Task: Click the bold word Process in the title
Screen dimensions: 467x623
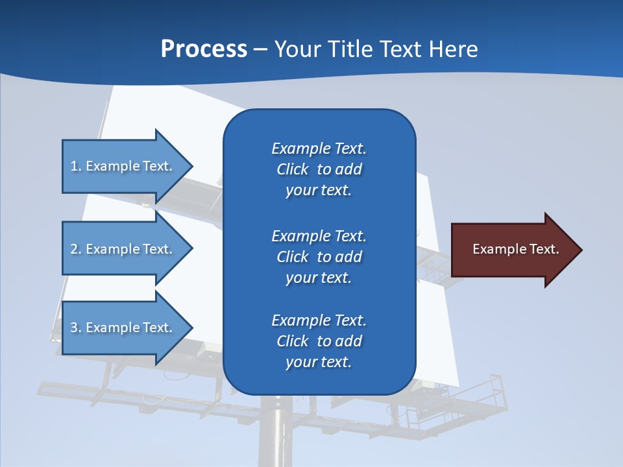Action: click(x=204, y=49)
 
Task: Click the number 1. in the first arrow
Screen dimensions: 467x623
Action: click(x=76, y=166)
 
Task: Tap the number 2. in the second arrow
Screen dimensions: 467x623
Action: click(x=76, y=249)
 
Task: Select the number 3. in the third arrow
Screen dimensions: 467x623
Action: click(x=76, y=328)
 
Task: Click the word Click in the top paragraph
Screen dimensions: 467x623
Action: click(x=292, y=170)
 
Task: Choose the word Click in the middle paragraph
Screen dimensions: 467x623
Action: click(x=292, y=257)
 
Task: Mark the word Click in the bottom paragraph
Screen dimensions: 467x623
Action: click(x=292, y=341)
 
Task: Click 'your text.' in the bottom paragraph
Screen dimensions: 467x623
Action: click(x=319, y=363)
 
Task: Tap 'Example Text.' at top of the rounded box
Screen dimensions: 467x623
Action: click(x=319, y=149)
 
